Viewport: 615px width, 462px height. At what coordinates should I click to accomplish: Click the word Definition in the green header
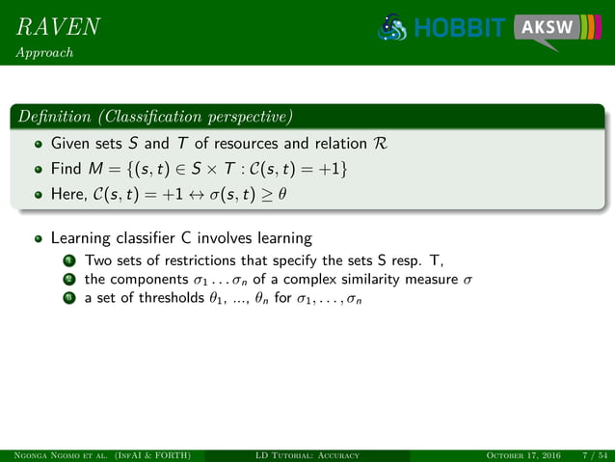pos(53,119)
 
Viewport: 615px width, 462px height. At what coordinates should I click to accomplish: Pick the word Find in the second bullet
pos(65,171)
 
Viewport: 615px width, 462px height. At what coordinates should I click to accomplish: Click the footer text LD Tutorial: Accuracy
pos(307,455)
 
